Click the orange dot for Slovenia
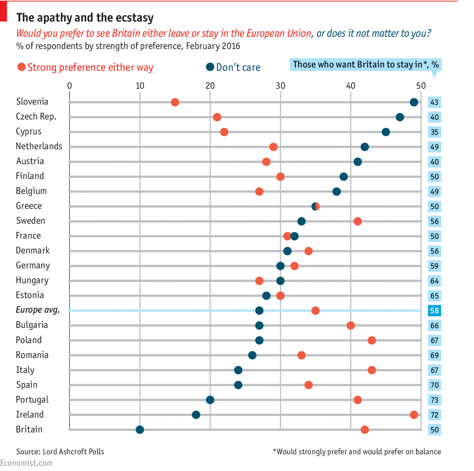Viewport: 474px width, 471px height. tap(175, 102)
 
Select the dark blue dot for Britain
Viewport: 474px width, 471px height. tap(140, 430)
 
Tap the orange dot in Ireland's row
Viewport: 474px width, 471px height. tap(414, 415)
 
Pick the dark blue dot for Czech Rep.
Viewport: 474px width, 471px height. tap(400, 117)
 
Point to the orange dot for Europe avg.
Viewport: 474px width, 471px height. tap(315, 311)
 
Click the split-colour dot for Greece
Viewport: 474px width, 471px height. tap(315, 206)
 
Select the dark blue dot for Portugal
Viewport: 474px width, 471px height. tap(210, 400)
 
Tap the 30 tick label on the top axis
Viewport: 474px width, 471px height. tap(280, 86)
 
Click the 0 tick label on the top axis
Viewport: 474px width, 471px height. tap(70, 86)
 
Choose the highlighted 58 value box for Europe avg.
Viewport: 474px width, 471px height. tap(434, 311)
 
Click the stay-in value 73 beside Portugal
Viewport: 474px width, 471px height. tap(434, 400)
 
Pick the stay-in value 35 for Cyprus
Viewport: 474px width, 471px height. tap(434, 132)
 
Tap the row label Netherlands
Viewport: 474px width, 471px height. tap(39, 146)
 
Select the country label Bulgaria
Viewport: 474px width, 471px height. tap(32, 325)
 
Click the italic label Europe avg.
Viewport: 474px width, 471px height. tap(38, 310)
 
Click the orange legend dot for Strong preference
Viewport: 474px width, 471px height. tap(22, 67)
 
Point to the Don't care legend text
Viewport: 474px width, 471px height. tap(238, 68)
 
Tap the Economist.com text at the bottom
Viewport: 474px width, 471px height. tap(26, 463)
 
